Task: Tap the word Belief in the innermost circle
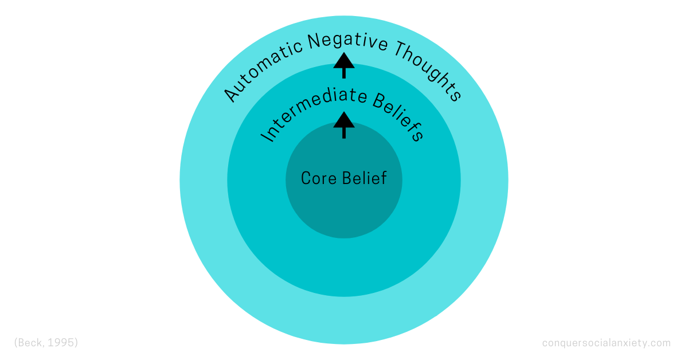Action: click(x=365, y=178)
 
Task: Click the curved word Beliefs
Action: click(x=398, y=118)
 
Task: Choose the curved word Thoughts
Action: click(x=427, y=67)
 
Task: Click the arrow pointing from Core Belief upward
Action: click(x=344, y=124)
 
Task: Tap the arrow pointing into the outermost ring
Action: click(x=344, y=64)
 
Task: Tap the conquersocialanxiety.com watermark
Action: click(x=606, y=343)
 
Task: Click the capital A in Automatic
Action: click(x=230, y=95)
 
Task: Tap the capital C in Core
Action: click(x=306, y=178)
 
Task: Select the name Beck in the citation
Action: click(x=30, y=343)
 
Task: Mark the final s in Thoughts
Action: click(x=455, y=95)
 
